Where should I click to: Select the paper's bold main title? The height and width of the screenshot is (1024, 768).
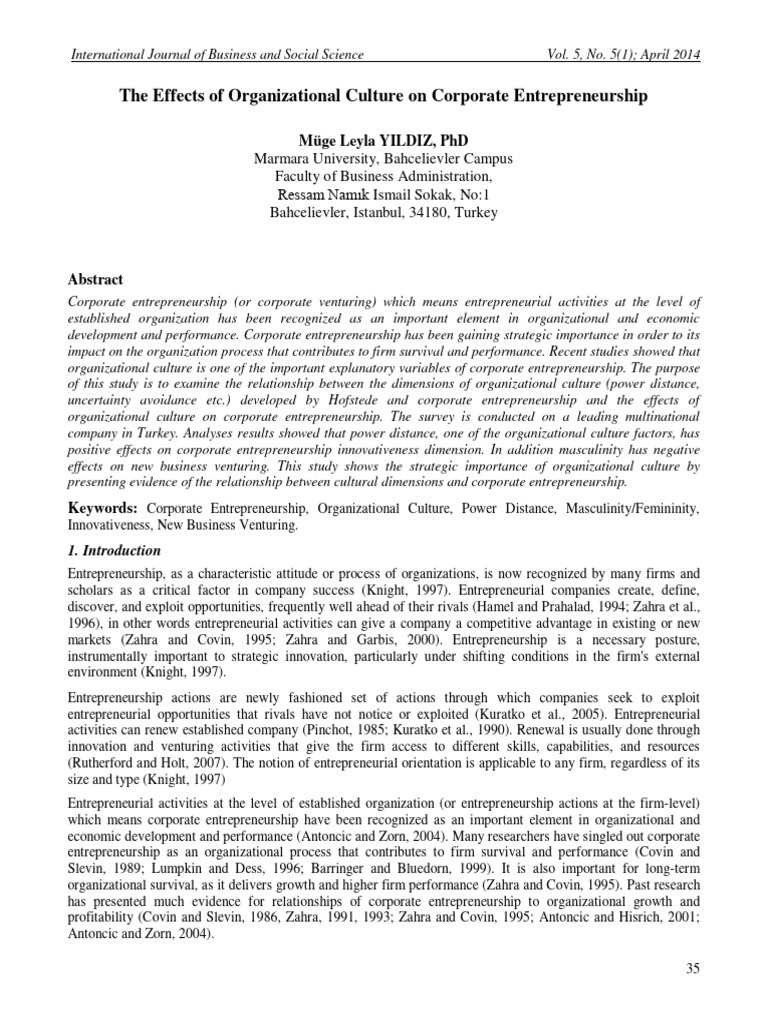(383, 97)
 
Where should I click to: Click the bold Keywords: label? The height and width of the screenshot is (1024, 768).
(101, 509)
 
